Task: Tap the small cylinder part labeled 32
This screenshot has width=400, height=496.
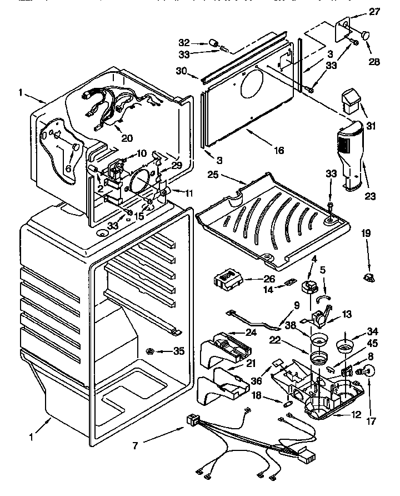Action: point(212,42)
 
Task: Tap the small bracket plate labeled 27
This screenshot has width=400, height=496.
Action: point(343,29)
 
